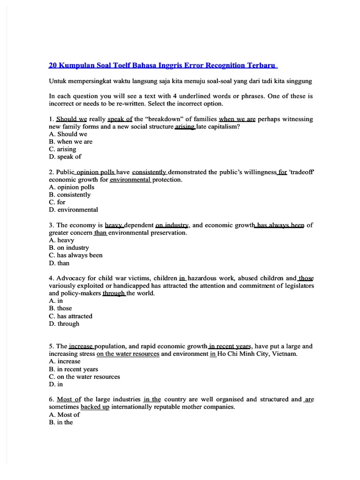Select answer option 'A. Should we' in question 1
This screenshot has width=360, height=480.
pos(68,134)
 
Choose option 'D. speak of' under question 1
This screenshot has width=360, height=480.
pos(65,157)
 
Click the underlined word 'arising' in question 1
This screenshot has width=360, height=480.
pos(185,127)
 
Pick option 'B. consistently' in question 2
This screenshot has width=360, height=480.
pos(70,195)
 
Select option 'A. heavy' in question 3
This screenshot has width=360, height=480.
pos(61,240)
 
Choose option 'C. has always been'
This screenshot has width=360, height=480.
pos(75,255)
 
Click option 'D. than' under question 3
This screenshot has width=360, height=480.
pos(59,263)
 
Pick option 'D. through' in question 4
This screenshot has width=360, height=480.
pos(64,323)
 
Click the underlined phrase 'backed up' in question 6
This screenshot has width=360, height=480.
pos(95,407)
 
